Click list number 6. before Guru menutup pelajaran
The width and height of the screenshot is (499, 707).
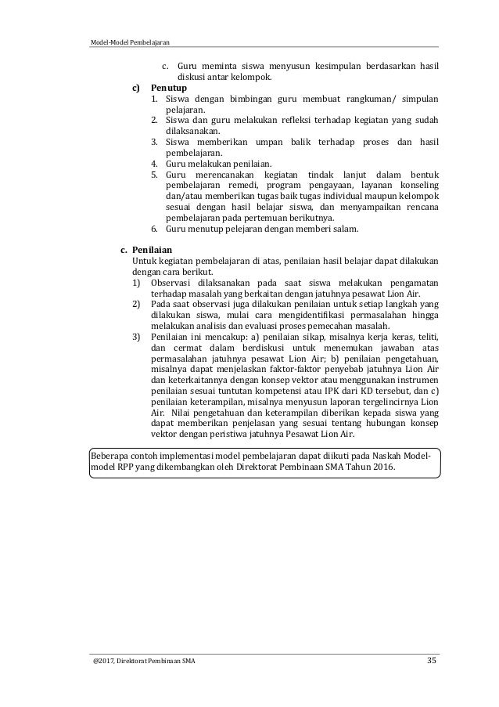point(156,229)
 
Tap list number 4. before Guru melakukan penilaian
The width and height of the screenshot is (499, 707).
point(156,164)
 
